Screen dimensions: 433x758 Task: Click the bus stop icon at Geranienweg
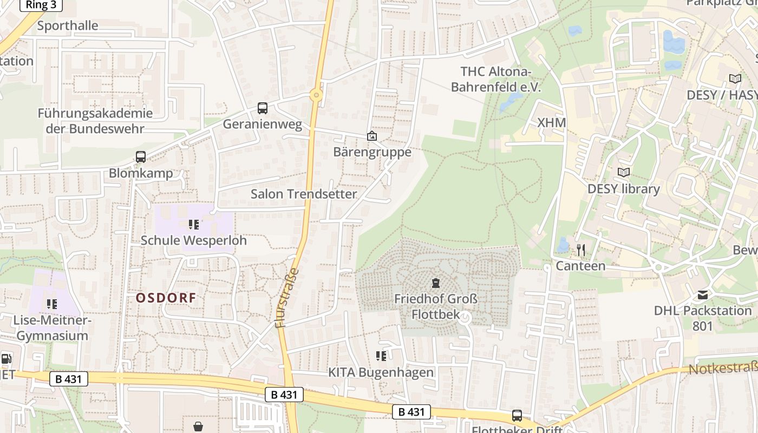coord(263,108)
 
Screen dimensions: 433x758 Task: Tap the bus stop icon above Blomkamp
coord(141,157)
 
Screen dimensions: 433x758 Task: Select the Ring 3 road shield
coord(41,5)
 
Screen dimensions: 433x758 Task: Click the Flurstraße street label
coord(287,298)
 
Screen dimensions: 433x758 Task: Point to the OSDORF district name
coord(166,298)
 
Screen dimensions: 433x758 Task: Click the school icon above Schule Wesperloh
coord(193,224)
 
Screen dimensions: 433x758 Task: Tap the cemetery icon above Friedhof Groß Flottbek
coord(435,283)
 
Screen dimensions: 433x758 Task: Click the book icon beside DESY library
coord(624,173)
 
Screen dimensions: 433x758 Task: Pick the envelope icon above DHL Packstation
coord(703,295)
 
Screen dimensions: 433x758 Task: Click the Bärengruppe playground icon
coord(372,136)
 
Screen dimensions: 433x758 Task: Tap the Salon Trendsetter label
coord(304,194)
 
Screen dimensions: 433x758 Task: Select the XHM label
coord(552,123)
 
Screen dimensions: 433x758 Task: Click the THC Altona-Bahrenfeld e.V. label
coord(496,79)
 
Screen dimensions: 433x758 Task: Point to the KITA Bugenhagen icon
coord(381,356)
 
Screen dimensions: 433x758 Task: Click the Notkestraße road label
coord(723,370)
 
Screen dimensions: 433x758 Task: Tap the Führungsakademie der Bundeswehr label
coord(95,121)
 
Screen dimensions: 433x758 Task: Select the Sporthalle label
coord(68,25)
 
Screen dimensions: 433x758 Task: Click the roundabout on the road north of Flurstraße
coord(316,95)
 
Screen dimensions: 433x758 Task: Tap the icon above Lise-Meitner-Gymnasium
coord(51,304)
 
